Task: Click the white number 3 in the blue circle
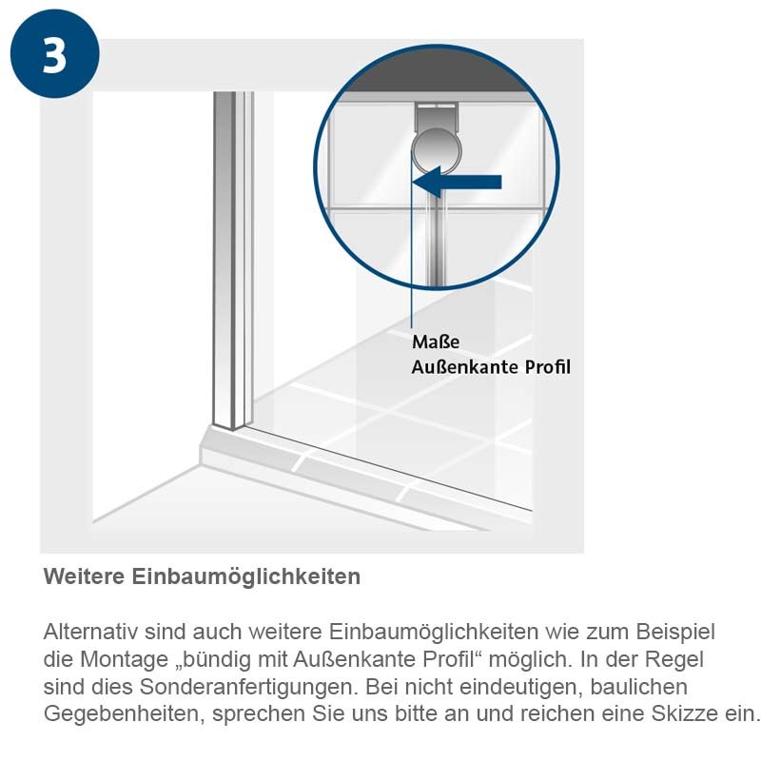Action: pyautogui.click(x=54, y=55)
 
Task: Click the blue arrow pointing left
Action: pyautogui.click(x=457, y=182)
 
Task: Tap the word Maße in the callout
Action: pyautogui.click(x=436, y=341)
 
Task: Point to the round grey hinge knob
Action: pyautogui.click(x=437, y=149)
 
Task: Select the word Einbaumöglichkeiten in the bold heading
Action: pyautogui.click(x=246, y=576)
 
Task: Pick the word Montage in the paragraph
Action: pyautogui.click(x=125, y=659)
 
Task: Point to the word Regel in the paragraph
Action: pyautogui.click(x=677, y=659)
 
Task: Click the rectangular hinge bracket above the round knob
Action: pyautogui.click(x=436, y=117)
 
